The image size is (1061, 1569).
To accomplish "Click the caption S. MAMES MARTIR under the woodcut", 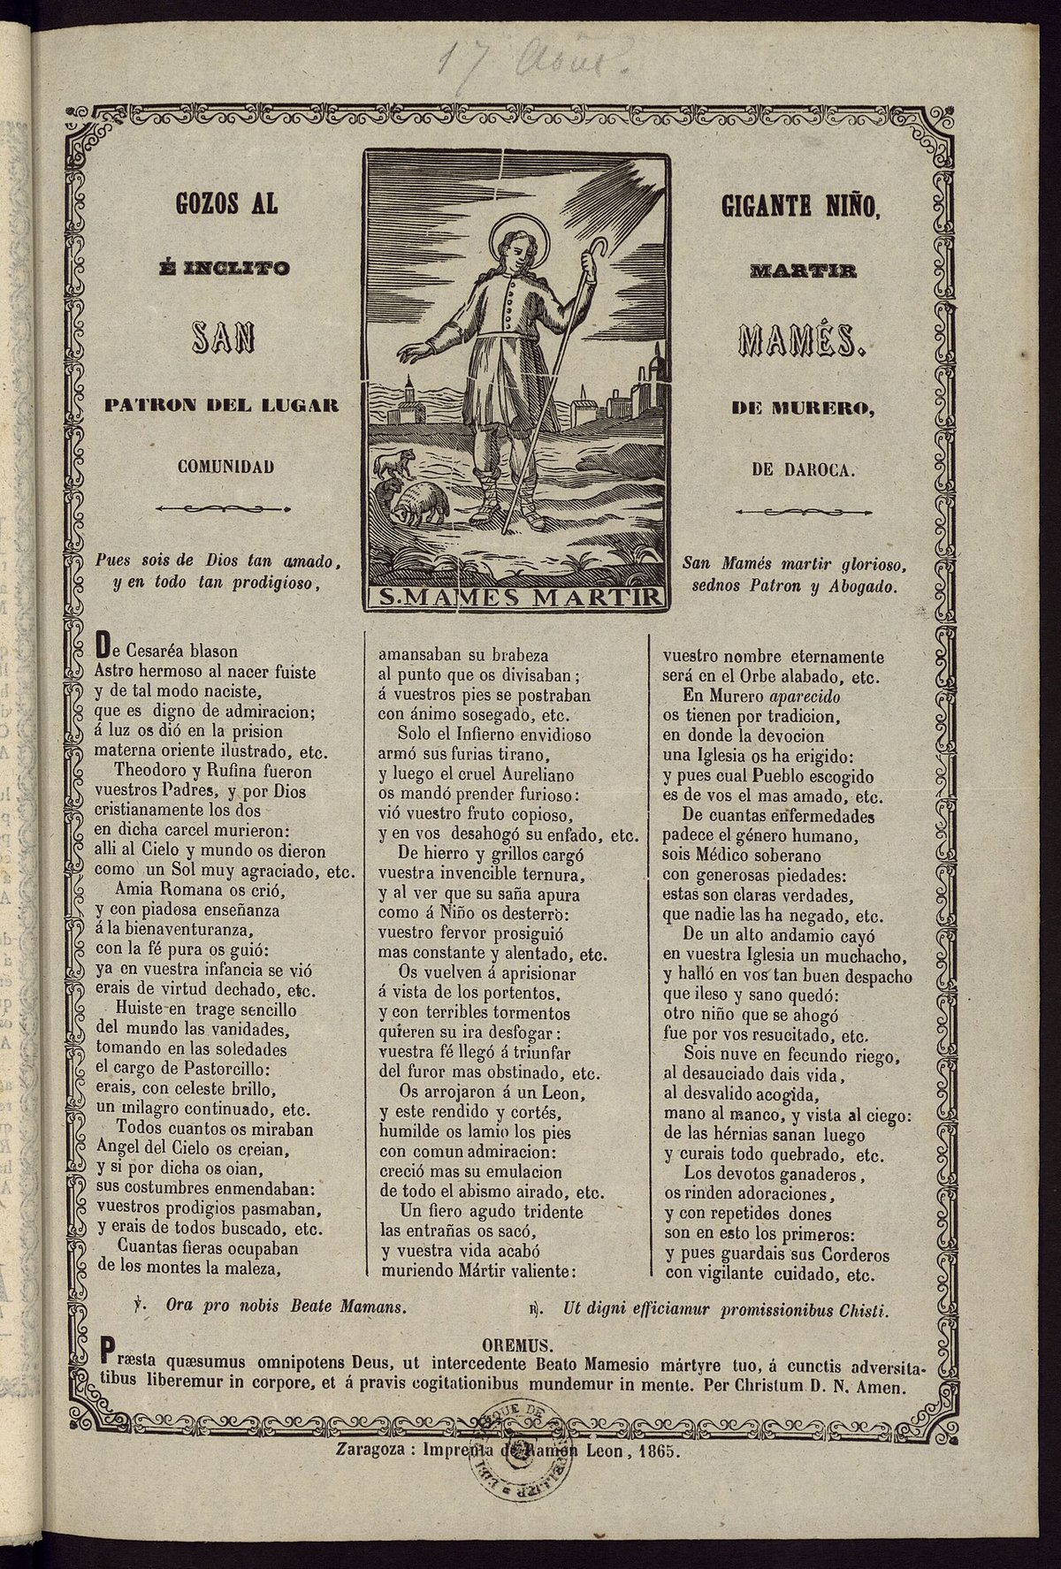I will pyautogui.click(x=514, y=598).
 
